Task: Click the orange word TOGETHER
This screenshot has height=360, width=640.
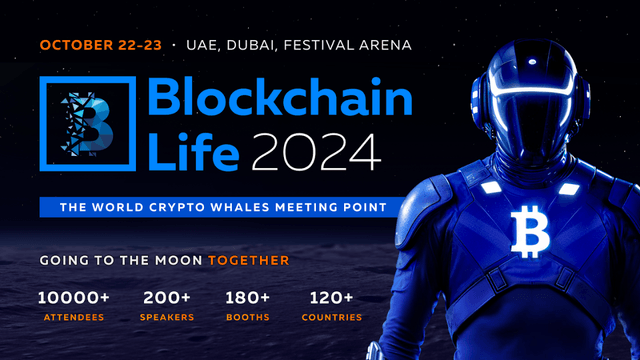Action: coord(249,260)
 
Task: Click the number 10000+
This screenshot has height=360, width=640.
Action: coord(74,297)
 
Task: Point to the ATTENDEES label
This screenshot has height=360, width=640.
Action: coord(74,318)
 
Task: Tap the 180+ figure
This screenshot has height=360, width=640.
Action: coord(246,297)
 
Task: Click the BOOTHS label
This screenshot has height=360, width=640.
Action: coord(246,318)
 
